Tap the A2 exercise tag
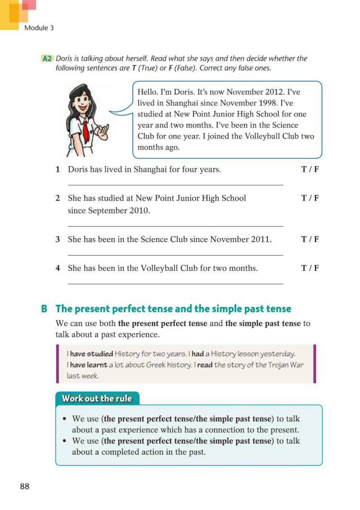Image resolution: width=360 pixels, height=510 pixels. click(47, 59)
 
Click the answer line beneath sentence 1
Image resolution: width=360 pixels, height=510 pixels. click(175, 185)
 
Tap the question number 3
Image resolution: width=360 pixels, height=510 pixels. click(58, 239)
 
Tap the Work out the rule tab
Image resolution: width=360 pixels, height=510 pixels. click(96, 399)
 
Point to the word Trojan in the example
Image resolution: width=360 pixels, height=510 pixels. click(265, 364)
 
